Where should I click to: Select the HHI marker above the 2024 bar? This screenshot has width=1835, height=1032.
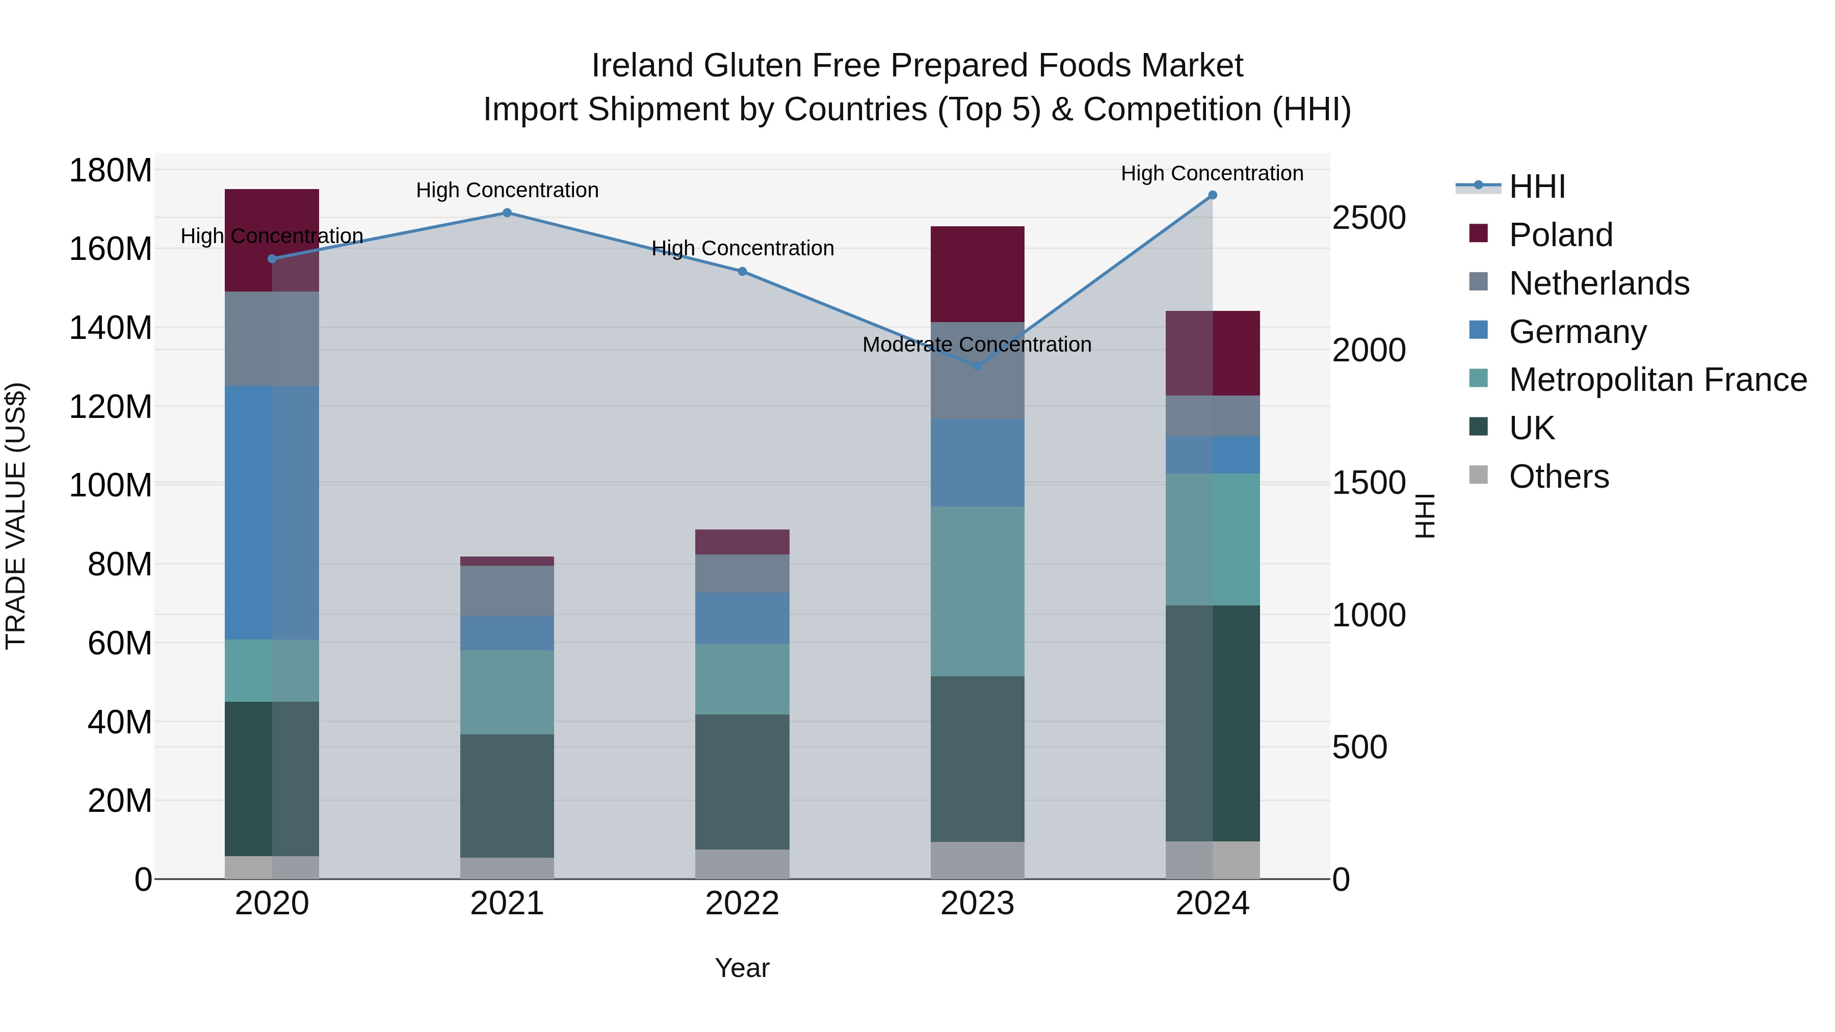pos(1213,195)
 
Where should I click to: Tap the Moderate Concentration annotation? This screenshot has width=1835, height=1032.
pos(977,345)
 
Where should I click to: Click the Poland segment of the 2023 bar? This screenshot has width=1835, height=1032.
pos(977,274)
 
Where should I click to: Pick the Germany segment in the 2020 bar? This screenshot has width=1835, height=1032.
pos(271,513)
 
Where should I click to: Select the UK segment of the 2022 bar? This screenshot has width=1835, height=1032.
pos(742,782)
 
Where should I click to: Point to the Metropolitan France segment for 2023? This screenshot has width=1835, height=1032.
pos(977,591)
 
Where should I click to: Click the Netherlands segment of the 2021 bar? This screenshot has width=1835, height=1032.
pos(507,591)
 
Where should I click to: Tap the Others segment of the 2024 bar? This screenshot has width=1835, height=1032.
pos(1213,860)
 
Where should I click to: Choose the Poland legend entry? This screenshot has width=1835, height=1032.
pos(1560,235)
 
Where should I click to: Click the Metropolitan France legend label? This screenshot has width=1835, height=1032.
pos(1658,380)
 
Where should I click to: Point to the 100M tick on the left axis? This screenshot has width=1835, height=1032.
pos(111,486)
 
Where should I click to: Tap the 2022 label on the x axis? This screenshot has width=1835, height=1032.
pos(742,904)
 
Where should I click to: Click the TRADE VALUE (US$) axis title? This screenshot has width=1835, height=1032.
pos(16,516)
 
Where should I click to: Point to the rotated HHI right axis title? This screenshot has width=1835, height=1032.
pos(1424,516)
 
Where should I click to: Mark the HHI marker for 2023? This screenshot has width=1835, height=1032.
pos(977,366)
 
